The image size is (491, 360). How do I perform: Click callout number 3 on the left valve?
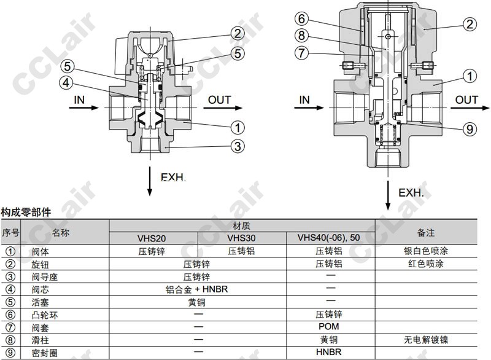point(238,146)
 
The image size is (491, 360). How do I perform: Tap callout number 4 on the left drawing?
point(66,83)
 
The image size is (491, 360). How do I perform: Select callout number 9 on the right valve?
point(470,129)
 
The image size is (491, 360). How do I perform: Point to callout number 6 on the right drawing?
point(301,19)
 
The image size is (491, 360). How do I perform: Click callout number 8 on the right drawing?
point(301,36)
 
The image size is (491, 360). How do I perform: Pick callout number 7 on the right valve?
point(301,53)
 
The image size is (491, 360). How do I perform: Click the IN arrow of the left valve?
point(83,108)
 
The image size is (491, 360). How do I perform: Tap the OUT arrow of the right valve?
point(470,108)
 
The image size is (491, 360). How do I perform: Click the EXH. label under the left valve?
point(173,178)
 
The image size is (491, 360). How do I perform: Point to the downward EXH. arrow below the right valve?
point(388,195)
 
